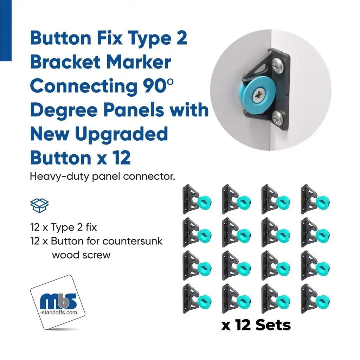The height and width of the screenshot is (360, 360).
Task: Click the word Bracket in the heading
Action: [x=65, y=62]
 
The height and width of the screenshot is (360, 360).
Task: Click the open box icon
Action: [x=39, y=205]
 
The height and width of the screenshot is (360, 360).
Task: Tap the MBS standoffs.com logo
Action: [x=58, y=302]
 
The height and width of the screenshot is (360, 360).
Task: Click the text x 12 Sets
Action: [x=256, y=325]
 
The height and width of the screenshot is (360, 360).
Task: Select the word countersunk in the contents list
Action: [x=132, y=241]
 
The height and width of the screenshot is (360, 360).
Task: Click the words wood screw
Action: [x=81, y=255]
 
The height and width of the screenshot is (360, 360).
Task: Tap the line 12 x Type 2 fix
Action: [x=63, y=227]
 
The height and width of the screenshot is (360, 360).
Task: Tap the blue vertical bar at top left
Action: [x=6, y=31]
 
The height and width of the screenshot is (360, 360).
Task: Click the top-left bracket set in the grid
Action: [x=197, y=199]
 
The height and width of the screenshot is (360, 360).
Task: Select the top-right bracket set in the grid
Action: [x=315, y=199]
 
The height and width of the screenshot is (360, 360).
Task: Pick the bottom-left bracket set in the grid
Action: [x=197, y=299]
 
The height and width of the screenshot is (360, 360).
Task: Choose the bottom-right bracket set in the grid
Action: [x=315, y=299]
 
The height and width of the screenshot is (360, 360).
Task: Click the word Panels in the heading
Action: [x=134, y=110]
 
